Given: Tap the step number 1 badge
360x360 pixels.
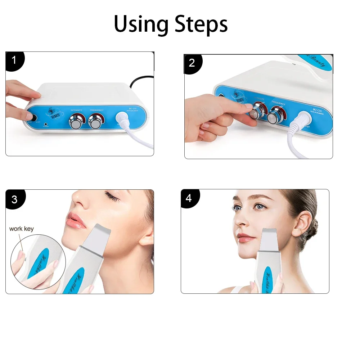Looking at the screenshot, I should [14, 60].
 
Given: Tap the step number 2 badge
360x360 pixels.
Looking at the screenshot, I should [192, 63].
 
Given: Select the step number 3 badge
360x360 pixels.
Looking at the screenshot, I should [14, 199].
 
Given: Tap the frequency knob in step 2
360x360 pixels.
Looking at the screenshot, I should [277, 114].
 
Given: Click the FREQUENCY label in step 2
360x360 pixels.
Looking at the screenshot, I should [278, 104].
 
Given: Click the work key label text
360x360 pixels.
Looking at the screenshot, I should [21, 229].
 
